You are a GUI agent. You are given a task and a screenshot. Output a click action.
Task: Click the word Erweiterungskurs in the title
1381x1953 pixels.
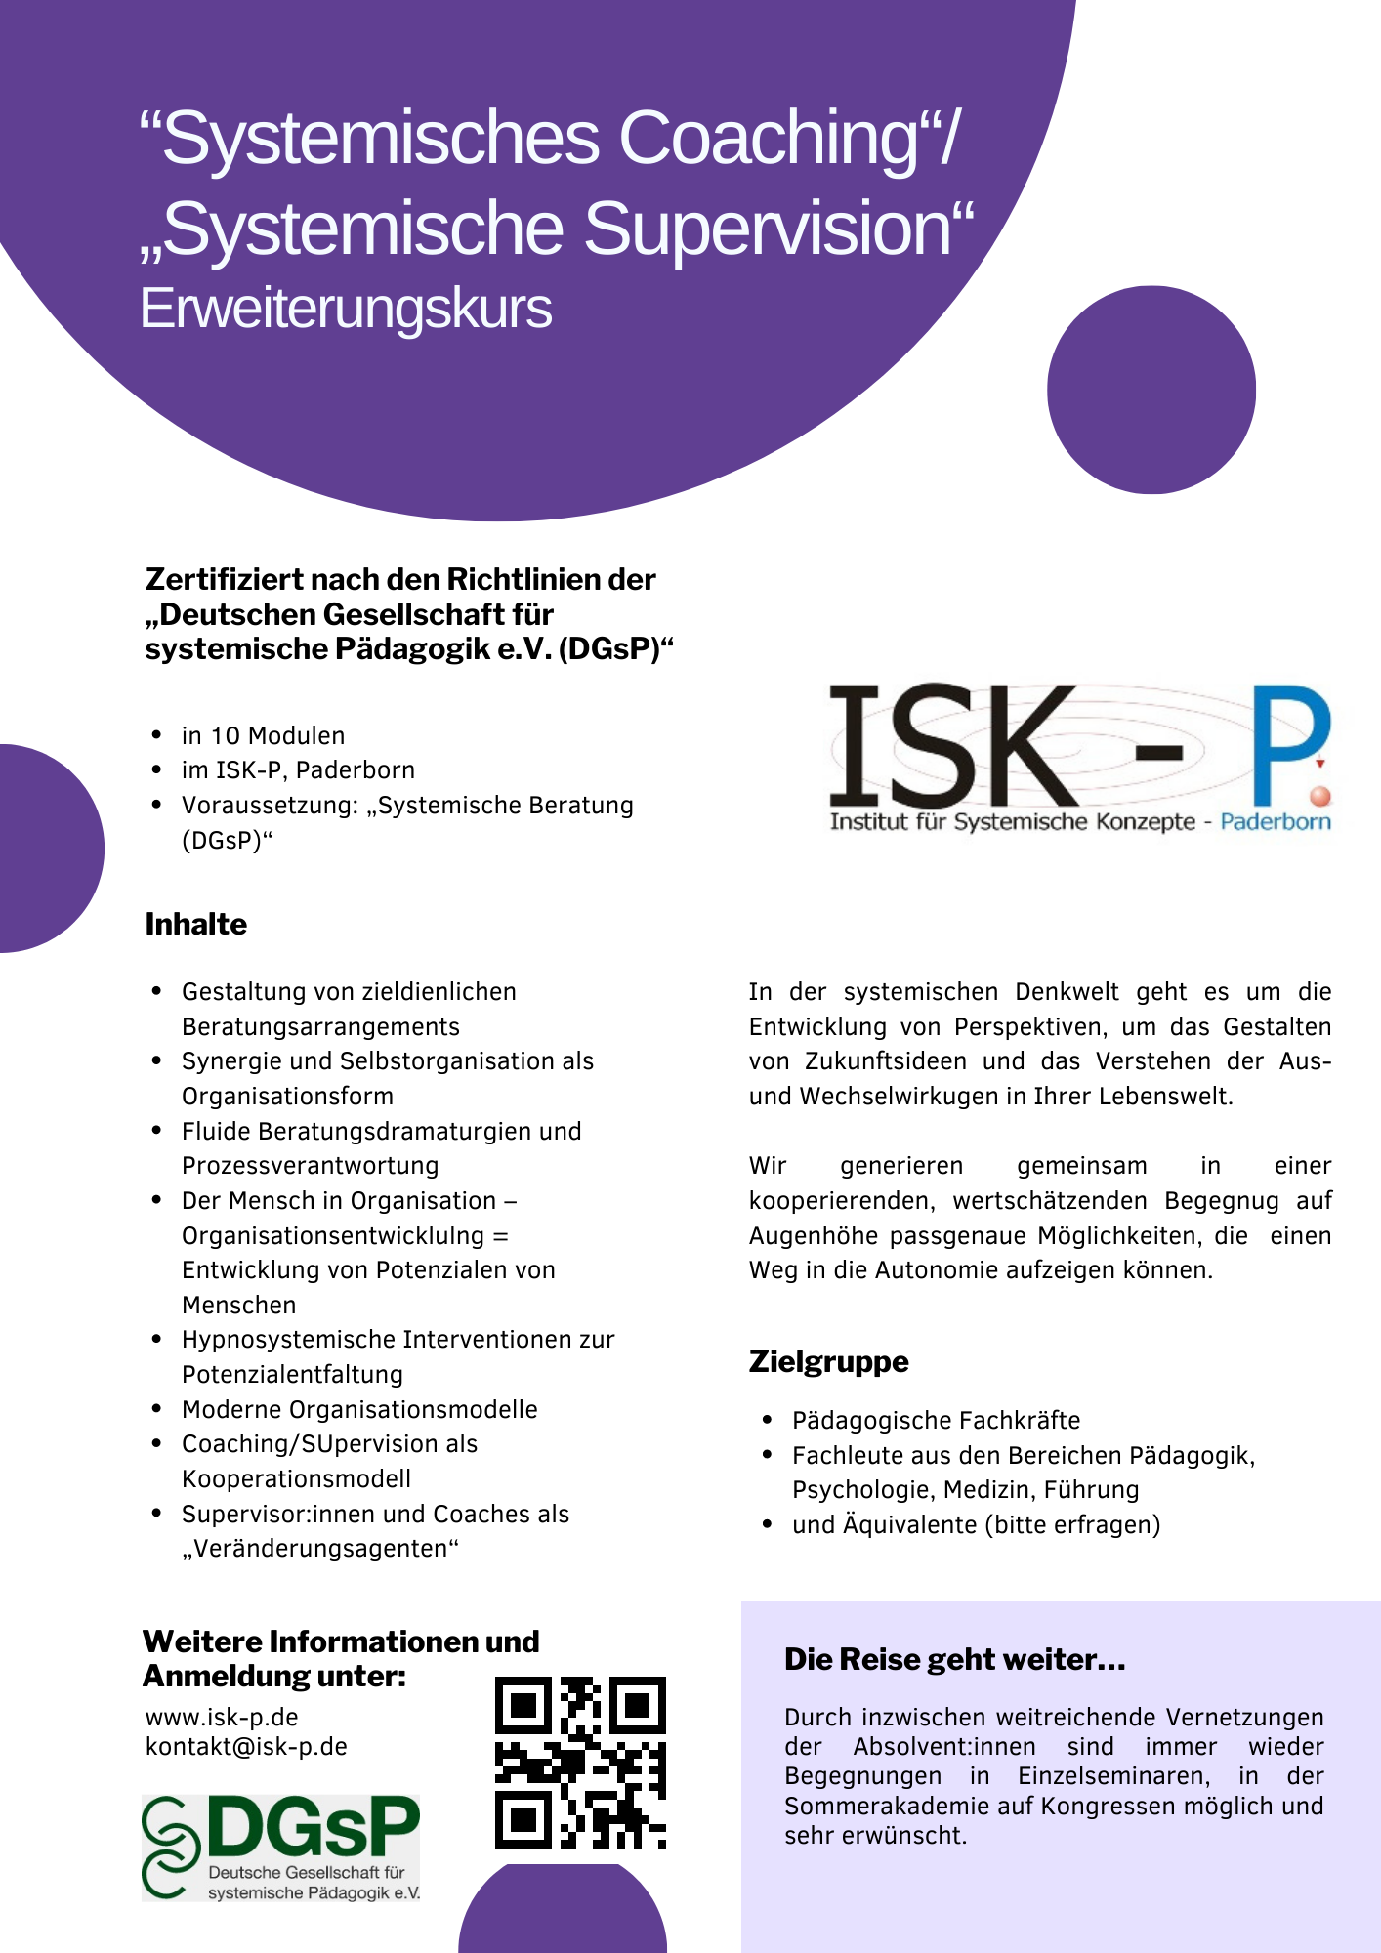pyautogui.click(x=346, y=309)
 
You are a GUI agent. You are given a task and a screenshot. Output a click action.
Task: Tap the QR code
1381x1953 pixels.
pyautogui.click(x=580, y=1763)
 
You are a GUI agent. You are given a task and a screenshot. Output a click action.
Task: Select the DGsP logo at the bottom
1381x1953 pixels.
pyautogui.click(x=281, y=1848)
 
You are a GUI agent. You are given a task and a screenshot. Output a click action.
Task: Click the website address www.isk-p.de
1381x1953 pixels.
pyautogui.click(x=222, y=1717)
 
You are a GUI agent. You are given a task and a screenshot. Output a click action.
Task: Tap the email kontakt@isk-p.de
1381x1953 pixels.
pyautogui.click(x=246, y=1746)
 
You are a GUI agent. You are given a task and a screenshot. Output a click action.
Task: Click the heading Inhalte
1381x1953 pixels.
pyautogui.click(x=196, y=924)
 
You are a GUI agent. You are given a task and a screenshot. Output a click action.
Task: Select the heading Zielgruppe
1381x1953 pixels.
pyautogui.click(x=828, y=1361)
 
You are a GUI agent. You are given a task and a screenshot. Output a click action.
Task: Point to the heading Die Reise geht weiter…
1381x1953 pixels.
pyautogui.click(x=954, y=1659)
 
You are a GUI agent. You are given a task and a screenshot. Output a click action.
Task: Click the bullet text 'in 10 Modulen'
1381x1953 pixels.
pyautogui.click(x=263, y=735)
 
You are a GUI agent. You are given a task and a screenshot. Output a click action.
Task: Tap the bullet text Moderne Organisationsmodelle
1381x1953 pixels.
pyautogui.click(x=359, y=1409)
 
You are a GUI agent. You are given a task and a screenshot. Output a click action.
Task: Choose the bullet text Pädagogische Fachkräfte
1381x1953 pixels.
pyautogui.click(x=936, y=1420)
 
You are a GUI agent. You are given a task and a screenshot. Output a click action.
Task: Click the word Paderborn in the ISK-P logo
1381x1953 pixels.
pyautogui.click(x=1276, y=821)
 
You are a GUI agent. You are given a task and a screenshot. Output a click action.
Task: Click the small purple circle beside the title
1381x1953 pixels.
pyautogui.click(x=1151, y=390)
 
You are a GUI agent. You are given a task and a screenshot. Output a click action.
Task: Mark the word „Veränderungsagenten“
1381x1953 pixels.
pyautogui.click(x=320, y=1549)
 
